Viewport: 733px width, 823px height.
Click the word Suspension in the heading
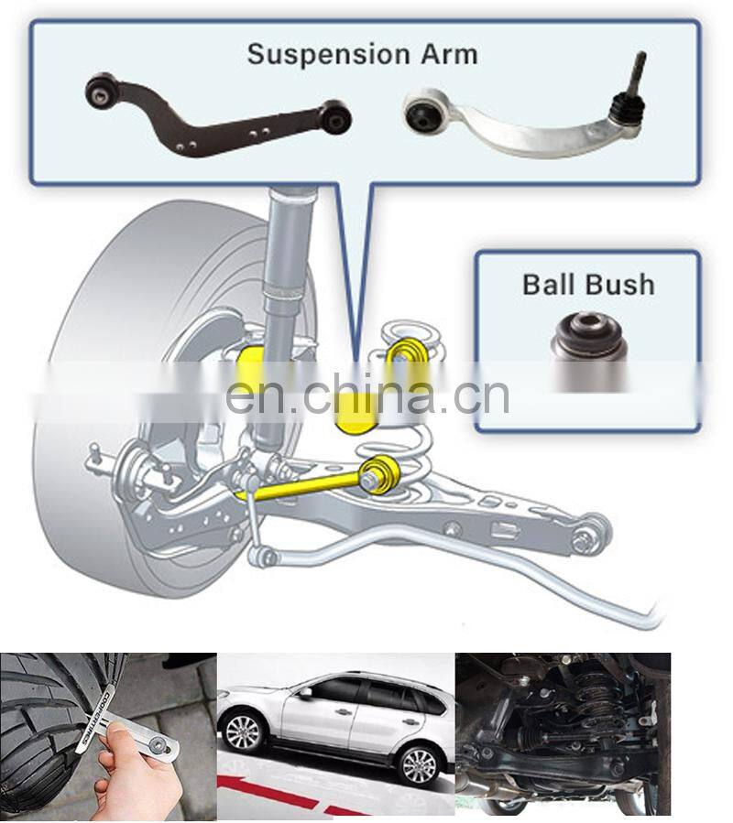pyautogui.click(x=329, y=56)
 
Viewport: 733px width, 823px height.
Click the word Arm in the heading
pyautogui.click(x=449, y=55)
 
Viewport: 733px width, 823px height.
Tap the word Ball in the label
pyautogui.click(x=550, y=285)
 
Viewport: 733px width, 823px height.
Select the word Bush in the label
pyautogui.click(x=621, y=285)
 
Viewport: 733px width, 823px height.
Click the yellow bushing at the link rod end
pyautogui.click(x=381, y=473)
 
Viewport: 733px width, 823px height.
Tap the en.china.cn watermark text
pyautogui.click(x=367, y=395)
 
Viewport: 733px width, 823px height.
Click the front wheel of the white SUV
pyautogui.click(x=244, y=733)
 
